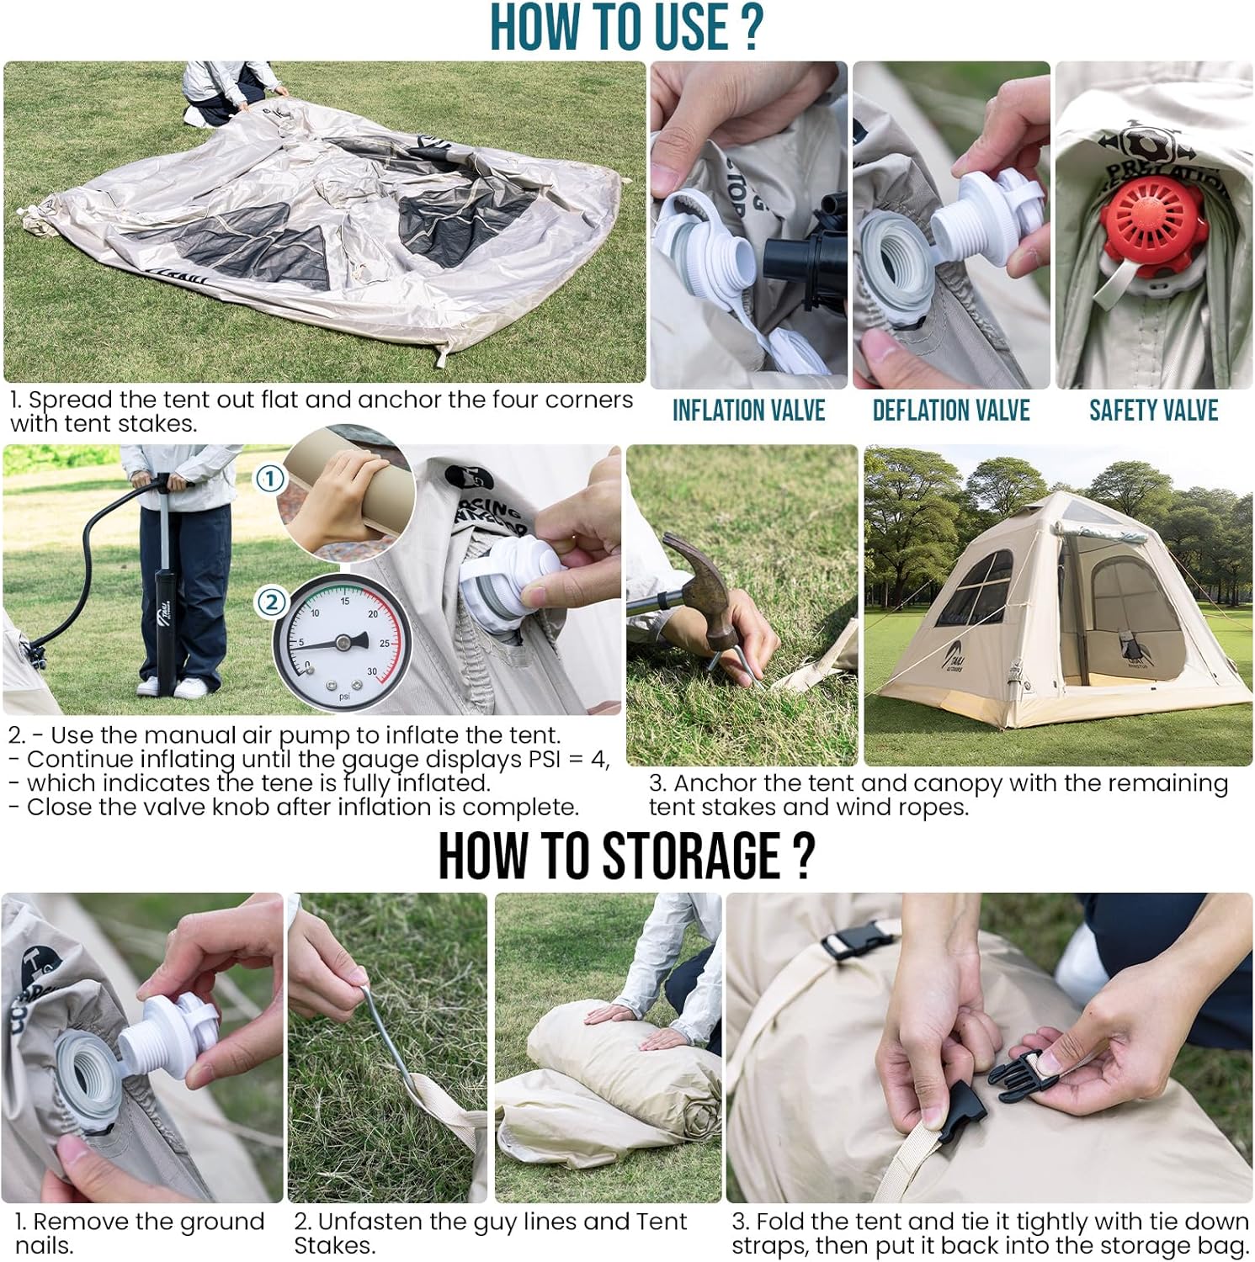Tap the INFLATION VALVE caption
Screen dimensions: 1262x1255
point(748,411)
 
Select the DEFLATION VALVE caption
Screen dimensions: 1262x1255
point(951,411)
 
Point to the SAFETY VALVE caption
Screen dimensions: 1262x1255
point(1153,411)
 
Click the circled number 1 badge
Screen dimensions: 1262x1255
point(269,480)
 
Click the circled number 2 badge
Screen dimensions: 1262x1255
point(271,602)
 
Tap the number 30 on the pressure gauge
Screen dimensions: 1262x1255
point(372,671)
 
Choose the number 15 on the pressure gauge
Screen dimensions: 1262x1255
point(345,601)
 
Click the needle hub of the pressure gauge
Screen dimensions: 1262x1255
point(342,643)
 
